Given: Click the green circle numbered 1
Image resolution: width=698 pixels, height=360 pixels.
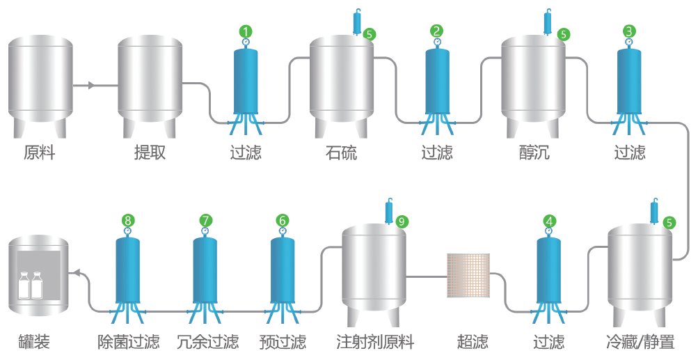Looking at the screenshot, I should (x=246, y=31).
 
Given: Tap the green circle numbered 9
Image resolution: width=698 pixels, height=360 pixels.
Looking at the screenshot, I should (x=402, y=221).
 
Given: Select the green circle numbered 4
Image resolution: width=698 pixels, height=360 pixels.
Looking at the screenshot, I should (x=550, y=221).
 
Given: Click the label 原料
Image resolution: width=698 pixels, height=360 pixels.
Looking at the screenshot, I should (x=39, y=152).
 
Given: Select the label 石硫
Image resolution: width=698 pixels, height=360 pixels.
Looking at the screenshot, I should (x=341, y=152).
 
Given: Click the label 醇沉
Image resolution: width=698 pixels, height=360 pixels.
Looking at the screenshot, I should (x=534, y=152).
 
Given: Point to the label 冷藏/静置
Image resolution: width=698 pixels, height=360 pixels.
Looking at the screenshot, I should (x=640, y=342).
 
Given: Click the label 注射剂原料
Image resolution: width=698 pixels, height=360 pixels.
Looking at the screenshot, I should (x=374, y=342).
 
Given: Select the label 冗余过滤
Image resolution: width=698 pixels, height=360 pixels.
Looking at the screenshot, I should (x=207, y=342).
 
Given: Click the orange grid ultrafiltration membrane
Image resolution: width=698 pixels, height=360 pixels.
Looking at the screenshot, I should (x=468, y=275).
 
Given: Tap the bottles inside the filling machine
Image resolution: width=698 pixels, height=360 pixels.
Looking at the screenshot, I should (x=30, y=285).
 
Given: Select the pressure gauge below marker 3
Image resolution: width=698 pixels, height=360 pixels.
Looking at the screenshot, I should (x=629, y=42).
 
